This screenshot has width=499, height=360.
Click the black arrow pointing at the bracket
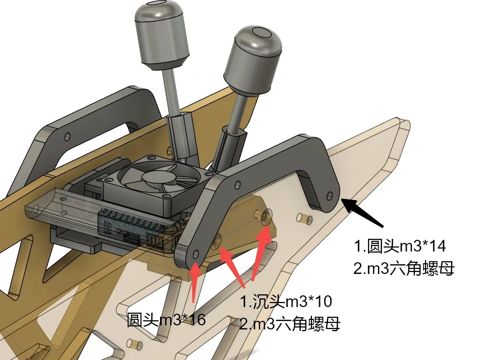point(363,212)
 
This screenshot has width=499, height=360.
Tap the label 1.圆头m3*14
point(400,246)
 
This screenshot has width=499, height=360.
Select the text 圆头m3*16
point(166,319)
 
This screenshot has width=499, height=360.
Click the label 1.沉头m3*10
point(286,301)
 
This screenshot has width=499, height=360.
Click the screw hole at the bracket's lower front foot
point(196,254)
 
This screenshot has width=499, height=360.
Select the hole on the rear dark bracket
point(67,137)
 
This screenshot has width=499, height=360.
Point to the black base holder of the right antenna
point(229,147)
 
